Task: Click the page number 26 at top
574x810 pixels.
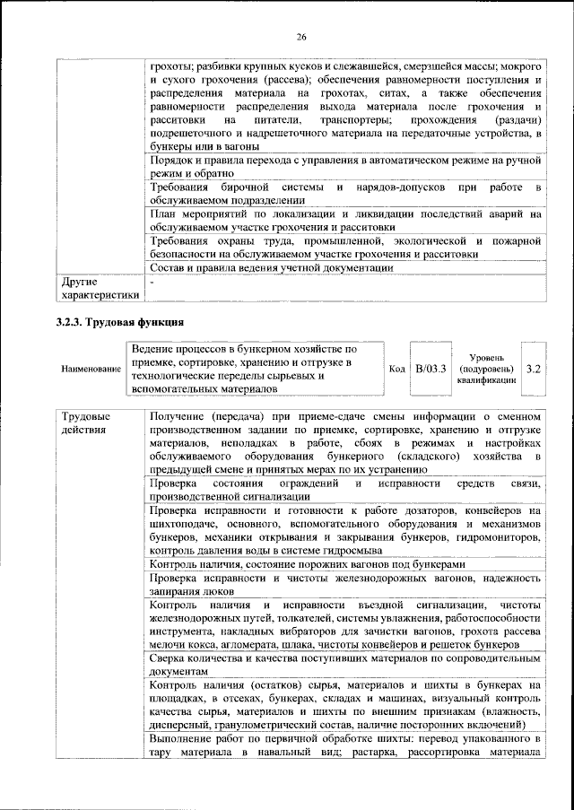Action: coord(301,36)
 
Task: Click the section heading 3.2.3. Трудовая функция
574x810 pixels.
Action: coord(120,320)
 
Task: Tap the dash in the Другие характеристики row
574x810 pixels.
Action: coord(152,282)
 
